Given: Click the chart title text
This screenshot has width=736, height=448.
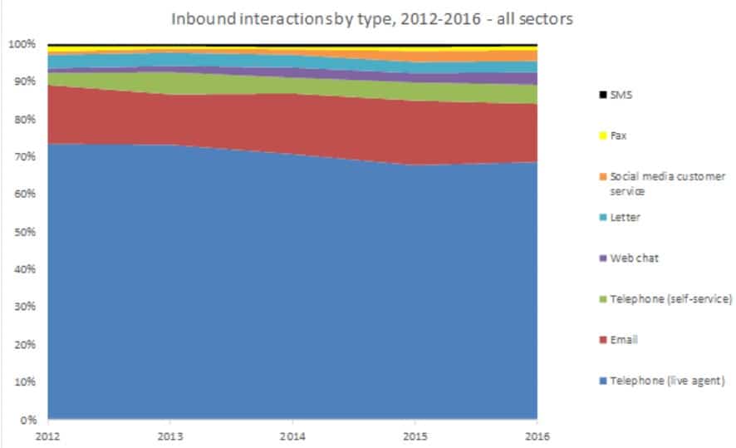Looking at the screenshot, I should (371, 18).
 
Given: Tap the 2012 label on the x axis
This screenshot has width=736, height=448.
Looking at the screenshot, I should (47, 435).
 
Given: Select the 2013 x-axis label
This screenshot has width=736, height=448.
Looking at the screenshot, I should (169, 435).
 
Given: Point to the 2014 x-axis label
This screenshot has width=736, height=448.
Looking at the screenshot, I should (292, 435).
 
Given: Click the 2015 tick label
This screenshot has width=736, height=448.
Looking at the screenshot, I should (414, 435).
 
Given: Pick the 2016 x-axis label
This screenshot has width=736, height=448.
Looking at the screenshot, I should (537, 435).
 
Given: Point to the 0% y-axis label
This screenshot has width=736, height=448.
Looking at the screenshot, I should (29, 420).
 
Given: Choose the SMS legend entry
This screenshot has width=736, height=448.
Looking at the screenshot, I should (620, 95).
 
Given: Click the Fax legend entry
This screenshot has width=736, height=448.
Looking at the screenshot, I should (618, 135).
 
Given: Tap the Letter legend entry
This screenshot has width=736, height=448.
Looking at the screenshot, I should (625, 217).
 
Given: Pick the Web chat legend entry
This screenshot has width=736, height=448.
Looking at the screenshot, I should (632, 258).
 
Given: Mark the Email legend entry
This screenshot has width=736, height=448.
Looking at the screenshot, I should (623, 340).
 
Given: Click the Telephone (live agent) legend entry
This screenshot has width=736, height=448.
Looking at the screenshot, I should (667, 381).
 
